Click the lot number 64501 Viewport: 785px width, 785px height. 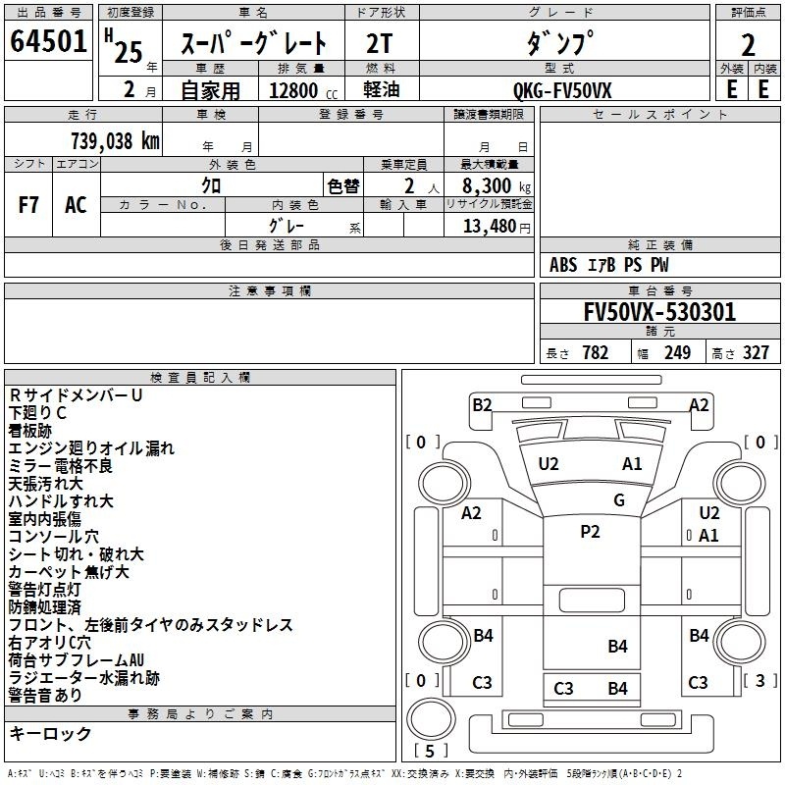(x=48, y=41)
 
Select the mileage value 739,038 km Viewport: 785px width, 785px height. (x=115, y=141)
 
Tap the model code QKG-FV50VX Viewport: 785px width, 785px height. (x=562, y=90)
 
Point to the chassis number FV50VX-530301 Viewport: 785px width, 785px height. (x=659, y=312)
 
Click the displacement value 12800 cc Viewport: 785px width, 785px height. (x=303, y=90)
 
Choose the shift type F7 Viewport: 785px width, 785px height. (x=28, y=205)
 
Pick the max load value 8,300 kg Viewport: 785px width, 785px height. (x=497, y=186)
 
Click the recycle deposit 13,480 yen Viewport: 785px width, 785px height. (x=497, y=227)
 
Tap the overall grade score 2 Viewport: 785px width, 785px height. (x=748, y=45)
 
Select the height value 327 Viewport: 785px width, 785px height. (x=756, y=353)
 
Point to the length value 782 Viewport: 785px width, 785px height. (x=596, y=353)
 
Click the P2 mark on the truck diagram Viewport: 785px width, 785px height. (x=590, y=532)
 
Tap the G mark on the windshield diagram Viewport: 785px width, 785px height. (x=619, y=500)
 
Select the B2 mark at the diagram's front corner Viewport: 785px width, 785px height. (x=482, y=405)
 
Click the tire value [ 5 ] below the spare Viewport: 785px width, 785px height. (x=430, y=751)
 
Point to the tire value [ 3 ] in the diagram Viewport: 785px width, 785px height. (x=759, y=680)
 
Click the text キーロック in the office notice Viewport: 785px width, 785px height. (x=50, y=734)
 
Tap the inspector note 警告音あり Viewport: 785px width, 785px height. (x=45, y=696)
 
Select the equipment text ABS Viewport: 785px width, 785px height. (x=563, y=265)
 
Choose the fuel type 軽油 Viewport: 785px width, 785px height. (x=382, y=89)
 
